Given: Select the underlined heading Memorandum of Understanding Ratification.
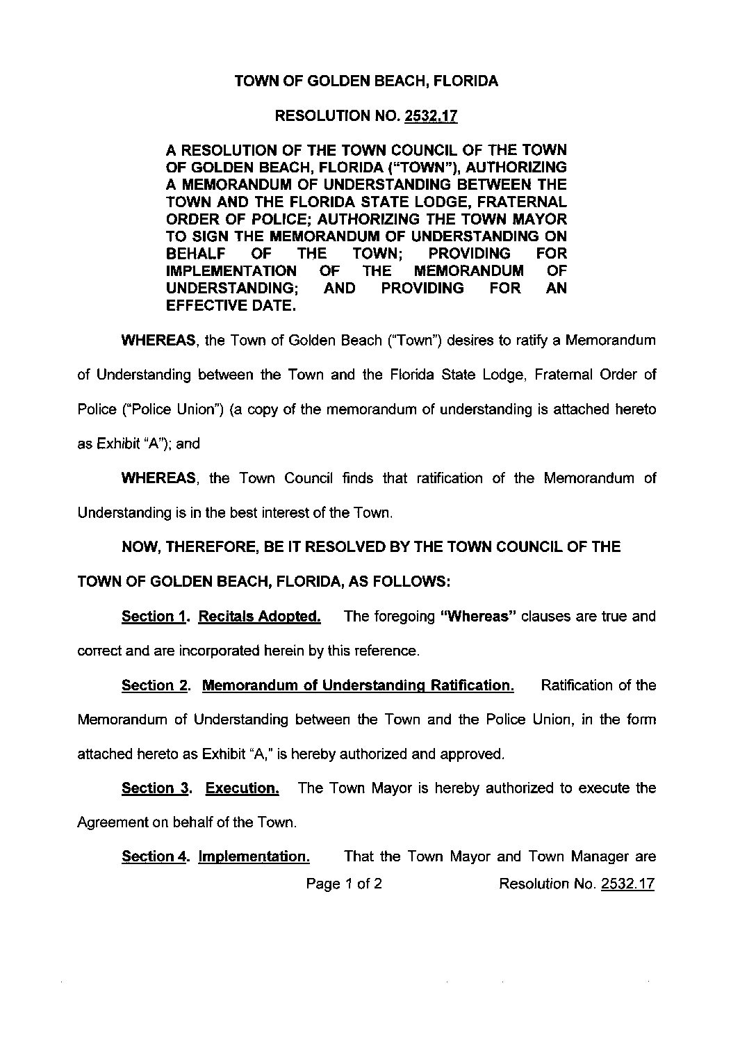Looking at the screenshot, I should click(x=358, y=685).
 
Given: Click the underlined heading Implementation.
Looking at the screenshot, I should click(x=254, y=856).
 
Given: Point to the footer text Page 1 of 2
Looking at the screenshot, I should click(x=345, y=884).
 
